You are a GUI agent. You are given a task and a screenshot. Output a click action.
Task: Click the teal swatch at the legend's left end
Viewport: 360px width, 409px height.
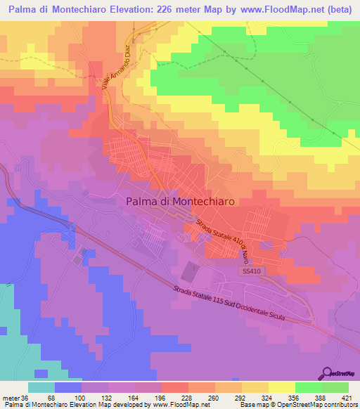tap(41, 387)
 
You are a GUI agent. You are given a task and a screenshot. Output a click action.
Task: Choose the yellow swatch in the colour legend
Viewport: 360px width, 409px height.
tap(281, 387)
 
